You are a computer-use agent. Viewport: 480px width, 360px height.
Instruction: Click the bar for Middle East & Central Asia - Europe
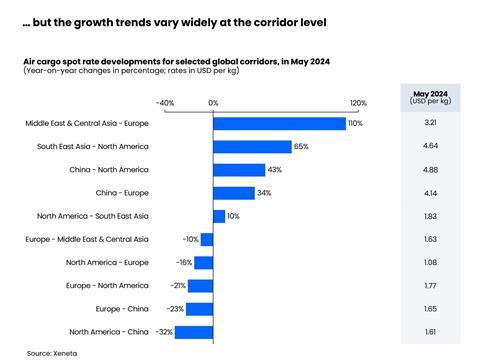(x=278, y=123)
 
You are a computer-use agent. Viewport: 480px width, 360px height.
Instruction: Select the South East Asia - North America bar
(x=252, y=146)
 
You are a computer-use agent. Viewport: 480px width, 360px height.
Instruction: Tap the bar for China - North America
(x=239, y=170)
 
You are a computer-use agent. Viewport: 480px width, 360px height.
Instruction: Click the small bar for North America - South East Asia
(x=219, y=216)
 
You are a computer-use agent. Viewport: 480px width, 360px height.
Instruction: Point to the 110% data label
(x=354, y=123)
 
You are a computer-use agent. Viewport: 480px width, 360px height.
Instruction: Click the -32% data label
(x=164, y=331)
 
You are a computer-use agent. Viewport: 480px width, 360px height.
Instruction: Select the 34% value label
(x=264, y=193)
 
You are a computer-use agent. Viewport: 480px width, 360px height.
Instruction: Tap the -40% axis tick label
(x=165, y=103)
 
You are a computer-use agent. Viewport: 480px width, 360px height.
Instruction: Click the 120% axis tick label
(x=358, y=103)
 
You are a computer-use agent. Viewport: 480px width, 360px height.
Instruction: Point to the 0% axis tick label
(x=213, y=103)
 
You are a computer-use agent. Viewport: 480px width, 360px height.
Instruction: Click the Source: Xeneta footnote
(x=54, y=352)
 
